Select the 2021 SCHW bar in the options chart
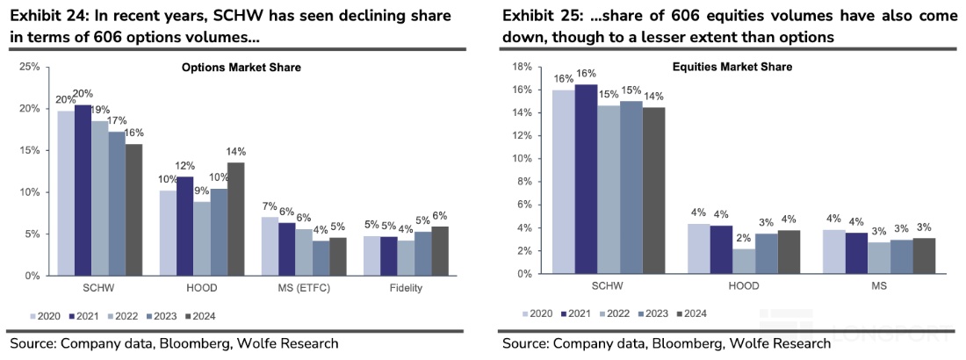click(83, 190)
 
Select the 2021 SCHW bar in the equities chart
click(585, 179)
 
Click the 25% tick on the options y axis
click(28, 67)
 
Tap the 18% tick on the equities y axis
click(522, 67)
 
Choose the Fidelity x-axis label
click(406, 287)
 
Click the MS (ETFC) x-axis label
click(303, 287)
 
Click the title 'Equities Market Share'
click(732, 67)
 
